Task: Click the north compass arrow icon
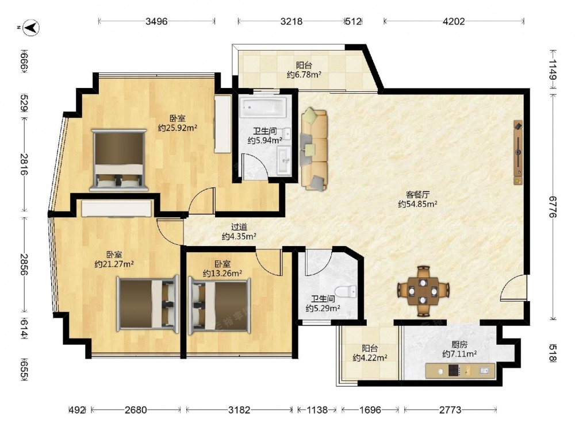(31, 28)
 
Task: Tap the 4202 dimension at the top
(454, 21)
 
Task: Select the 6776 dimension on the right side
(553, 206)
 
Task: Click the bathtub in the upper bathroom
(263, 106)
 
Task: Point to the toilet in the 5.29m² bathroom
(345, 292)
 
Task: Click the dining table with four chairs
(423, 291)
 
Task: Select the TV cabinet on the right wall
(518, 152)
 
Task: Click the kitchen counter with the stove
(460, 371)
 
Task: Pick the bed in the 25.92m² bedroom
(119, 160)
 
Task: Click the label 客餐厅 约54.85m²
(417, 199)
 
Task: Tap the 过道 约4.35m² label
(239, 232)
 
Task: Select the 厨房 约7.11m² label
(459, 349)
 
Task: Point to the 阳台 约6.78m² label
(304, 70)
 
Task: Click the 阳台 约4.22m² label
(370, 353)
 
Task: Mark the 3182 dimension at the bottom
(239, 410)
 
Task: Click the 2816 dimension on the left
(24, 164)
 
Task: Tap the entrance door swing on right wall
(513, 288)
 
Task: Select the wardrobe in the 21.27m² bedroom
(117, 208)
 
